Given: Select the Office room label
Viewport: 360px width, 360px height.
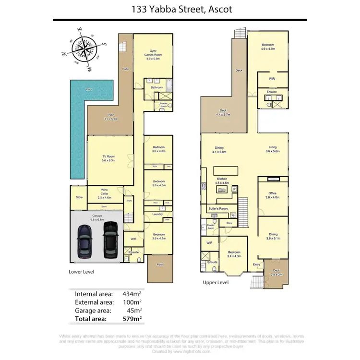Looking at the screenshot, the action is pyautogui.click(x=272, y=194).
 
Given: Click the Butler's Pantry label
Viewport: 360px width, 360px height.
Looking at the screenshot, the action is pyautogui.click(x=218, y=208).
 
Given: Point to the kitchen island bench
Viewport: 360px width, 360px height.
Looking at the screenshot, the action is pyautogui.click(x=226, y=171).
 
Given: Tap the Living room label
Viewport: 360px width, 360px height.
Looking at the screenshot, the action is pyautogui.click(x=272, y=149).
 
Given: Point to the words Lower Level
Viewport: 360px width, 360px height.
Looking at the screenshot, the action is pyautogui.click(x=82, y=272).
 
